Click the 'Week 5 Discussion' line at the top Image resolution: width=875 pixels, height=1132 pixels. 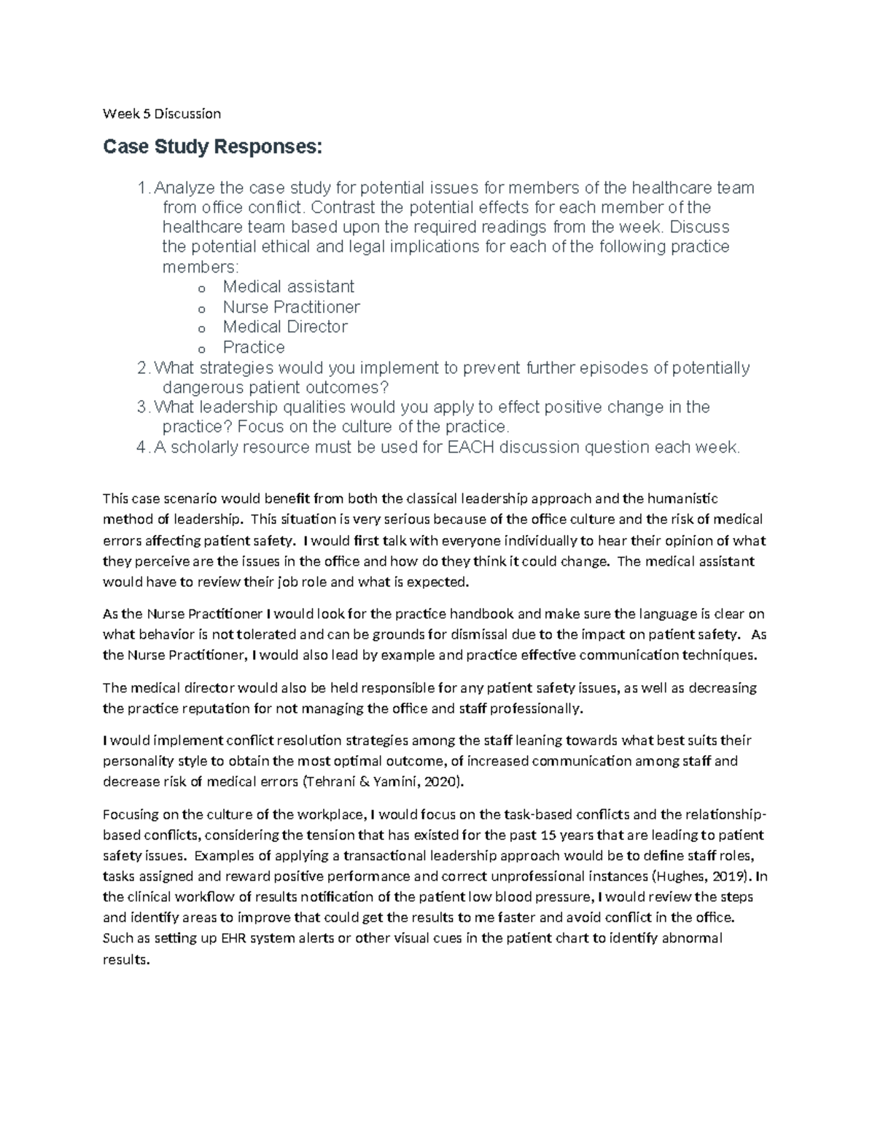161,114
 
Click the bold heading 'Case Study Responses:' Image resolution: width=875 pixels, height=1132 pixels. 211,148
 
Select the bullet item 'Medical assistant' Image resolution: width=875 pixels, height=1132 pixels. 288,286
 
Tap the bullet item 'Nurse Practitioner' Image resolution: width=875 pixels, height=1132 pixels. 291,307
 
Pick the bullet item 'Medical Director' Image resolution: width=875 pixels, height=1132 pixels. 285,327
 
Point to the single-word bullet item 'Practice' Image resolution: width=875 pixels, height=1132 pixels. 253,347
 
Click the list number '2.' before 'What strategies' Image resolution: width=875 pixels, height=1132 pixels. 144,367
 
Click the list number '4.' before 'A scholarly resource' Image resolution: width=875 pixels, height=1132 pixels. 144,447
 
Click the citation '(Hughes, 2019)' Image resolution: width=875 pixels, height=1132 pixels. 701,876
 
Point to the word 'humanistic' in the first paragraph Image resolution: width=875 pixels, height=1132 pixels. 682,499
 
